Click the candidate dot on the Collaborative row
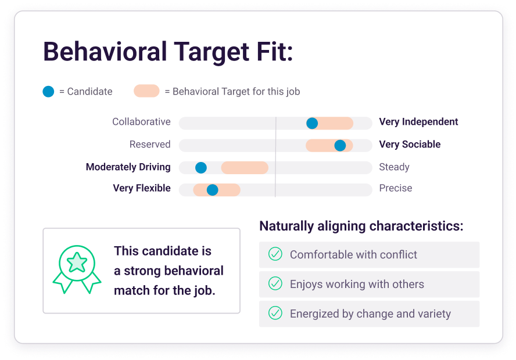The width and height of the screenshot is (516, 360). point(312,123)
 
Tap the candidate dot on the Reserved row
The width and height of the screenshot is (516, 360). point(340,145)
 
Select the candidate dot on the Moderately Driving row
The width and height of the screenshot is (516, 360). point(200,168)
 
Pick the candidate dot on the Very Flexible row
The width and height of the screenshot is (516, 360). point(212,190)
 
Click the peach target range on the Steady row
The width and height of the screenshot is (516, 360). point(245,168)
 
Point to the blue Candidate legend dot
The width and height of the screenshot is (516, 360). point(48,91)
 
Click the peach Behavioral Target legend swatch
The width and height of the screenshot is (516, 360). point(146,91)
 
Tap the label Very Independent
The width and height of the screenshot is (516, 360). point(418,122)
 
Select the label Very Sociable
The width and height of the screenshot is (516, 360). point(410,145)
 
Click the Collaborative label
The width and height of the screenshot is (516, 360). point(142,121)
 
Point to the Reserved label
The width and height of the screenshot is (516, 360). point(150,145)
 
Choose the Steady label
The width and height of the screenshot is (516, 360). point(394,167)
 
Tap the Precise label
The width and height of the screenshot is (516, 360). point(396,188)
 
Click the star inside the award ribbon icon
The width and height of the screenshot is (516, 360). point(77,262)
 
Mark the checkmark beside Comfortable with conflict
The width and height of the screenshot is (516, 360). point(275,254)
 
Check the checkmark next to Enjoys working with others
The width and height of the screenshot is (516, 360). point(275,283)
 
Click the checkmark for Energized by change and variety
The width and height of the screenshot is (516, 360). point(275,313)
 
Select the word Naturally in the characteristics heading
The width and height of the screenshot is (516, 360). point(286,226)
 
